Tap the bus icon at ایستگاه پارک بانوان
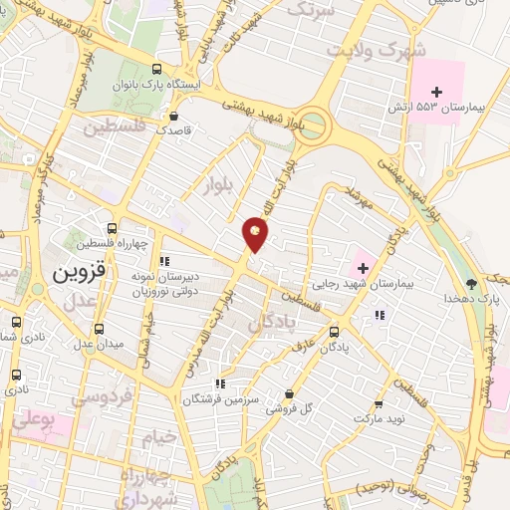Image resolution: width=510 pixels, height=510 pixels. [x=156, y=70]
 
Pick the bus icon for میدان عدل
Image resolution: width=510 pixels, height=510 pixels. [x=98, y=328]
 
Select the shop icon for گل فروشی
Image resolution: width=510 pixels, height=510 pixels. [x=289, y=394]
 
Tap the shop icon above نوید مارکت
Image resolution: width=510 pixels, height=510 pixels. [x=378, y=403]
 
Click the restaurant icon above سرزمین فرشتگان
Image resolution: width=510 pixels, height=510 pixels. [x=220, y=382]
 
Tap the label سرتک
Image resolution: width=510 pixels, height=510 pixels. [x=310, y=9]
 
